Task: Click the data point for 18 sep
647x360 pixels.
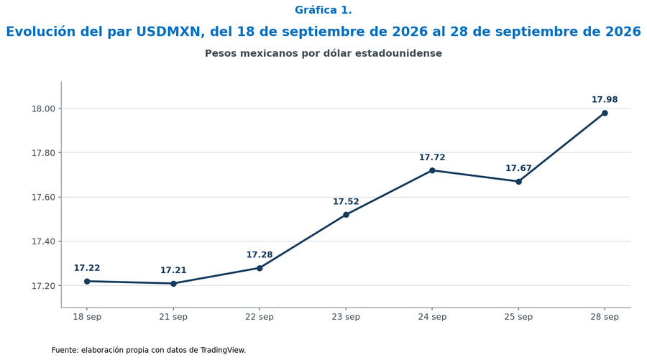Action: pos(87,281)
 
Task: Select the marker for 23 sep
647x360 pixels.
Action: pos(347,215)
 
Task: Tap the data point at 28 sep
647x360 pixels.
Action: pos(605,113)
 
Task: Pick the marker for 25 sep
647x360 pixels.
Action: pos(518,182)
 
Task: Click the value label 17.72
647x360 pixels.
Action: pos(432,157)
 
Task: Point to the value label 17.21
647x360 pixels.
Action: pos(173,270)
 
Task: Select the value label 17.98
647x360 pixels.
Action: pos(605,100)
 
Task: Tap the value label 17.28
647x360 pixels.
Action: pos(260,255)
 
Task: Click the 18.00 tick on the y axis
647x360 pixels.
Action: pos(43,109)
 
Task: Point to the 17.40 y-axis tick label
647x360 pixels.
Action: pos(43,241)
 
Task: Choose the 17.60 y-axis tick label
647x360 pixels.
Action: pos(43,198)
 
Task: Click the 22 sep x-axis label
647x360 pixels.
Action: pos(260,317)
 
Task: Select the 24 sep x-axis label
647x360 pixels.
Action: pos(432,317)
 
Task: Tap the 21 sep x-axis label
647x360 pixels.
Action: pos(173,317)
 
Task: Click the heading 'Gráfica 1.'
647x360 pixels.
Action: pos(323,10)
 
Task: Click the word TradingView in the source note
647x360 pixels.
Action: pos(223,350)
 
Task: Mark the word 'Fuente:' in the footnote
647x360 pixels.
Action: pos(65,350)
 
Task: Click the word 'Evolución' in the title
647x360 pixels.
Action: pos(41,32)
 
